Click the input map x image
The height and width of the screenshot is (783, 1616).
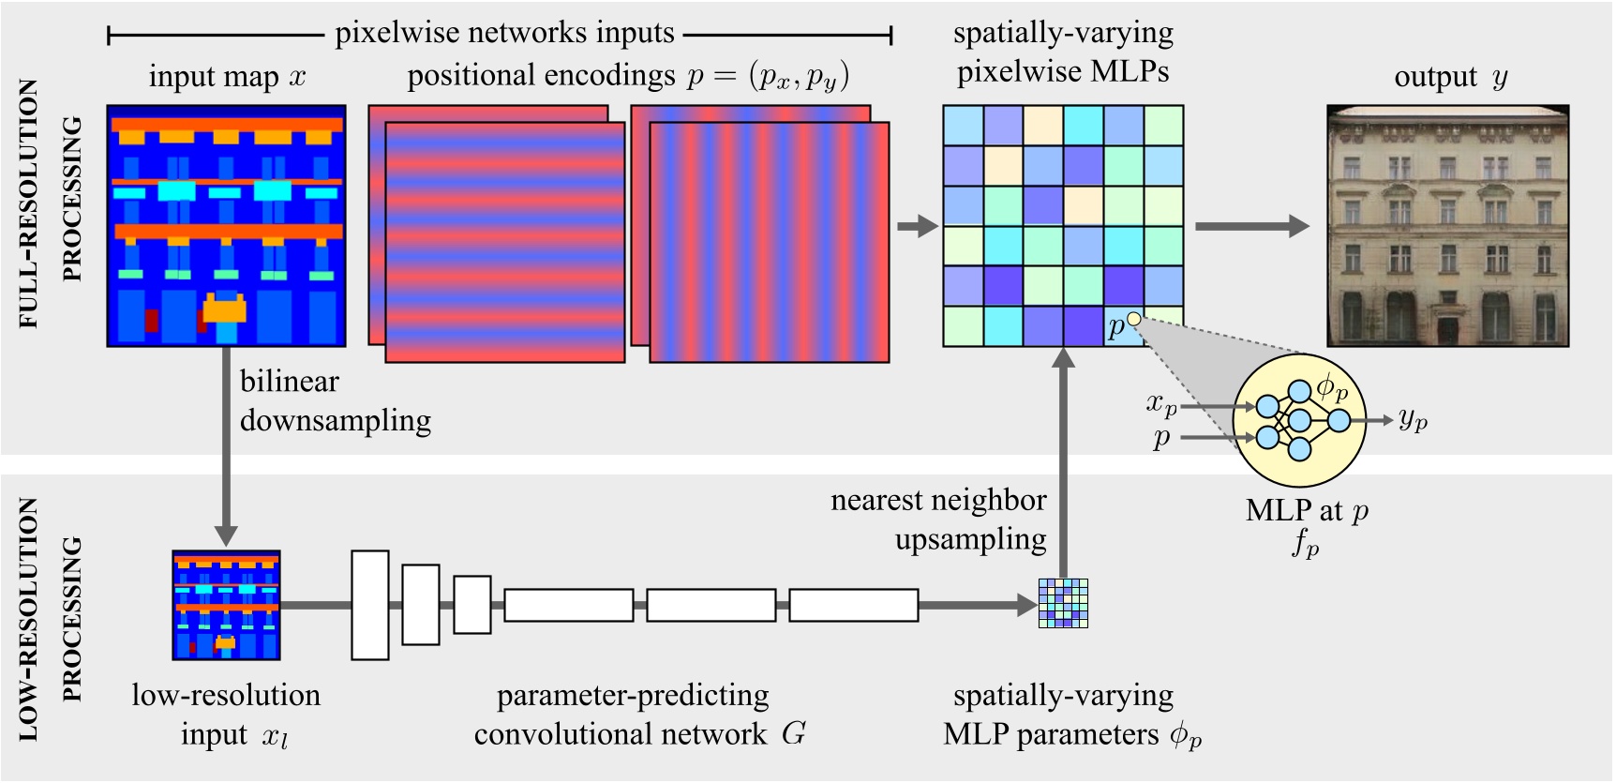226,226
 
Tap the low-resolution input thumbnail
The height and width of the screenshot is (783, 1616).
226,605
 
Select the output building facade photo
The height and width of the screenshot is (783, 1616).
1447,226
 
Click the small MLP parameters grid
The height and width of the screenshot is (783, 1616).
1063,603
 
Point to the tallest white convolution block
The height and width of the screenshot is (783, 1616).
370,605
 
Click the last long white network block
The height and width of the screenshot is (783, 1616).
853,605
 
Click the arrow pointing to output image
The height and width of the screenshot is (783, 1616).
1251,226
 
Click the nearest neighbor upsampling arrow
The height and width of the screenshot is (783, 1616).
1063,459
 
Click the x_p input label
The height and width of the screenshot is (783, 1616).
1160,404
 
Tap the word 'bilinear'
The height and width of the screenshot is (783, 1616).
289,382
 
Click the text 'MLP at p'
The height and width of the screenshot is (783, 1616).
1307,511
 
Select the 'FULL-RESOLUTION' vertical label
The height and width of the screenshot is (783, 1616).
29,203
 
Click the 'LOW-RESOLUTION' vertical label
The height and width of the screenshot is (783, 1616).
29,619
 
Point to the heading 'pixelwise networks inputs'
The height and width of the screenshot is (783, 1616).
504,34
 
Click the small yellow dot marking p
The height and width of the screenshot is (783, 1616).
1133,319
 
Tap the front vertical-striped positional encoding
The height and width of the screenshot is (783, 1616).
769,242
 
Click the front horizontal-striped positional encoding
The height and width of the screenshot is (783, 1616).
504,242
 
